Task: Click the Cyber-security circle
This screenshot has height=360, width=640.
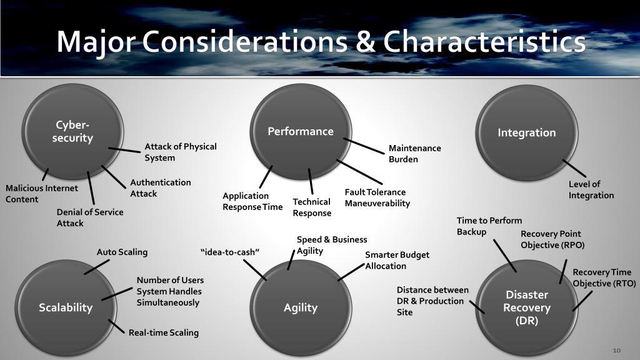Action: click(72, 132)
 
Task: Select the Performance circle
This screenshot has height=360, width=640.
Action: click(301, 131)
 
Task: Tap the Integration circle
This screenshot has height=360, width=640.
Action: click(526, 132)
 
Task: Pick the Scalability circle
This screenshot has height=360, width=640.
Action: click(65, 307)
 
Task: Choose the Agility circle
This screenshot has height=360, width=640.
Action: click(301, 307)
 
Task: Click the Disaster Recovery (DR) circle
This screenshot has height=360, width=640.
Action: click(526, 307)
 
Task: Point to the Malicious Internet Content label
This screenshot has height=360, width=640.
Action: click(42, 194)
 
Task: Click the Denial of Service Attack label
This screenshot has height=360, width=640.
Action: click(90, 217)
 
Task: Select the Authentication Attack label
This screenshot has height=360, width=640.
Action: click(161, 188)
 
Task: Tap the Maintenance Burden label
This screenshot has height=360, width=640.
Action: click(414, 154)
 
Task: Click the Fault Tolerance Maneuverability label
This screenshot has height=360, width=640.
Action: click(377, 197)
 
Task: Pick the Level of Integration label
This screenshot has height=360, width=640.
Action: click(591, 189)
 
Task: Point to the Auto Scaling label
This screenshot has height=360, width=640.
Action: click(122, 252)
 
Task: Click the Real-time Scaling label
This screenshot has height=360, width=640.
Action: click(164, 332)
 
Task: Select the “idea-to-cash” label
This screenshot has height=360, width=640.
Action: click(230, 252)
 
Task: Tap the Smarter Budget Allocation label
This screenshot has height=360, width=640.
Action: click(397, 261)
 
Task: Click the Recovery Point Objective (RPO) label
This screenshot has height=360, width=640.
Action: click(552, 239)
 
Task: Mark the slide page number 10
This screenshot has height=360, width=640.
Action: click(616, 349)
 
